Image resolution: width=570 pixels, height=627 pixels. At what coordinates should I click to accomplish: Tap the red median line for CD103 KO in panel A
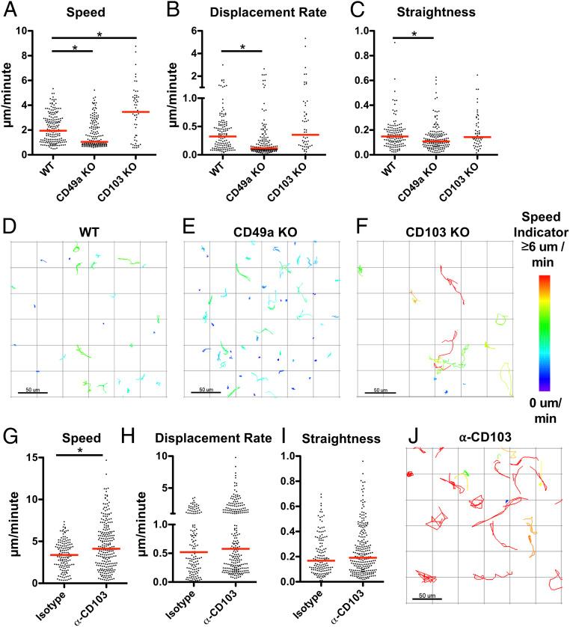tap(136, 111)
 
